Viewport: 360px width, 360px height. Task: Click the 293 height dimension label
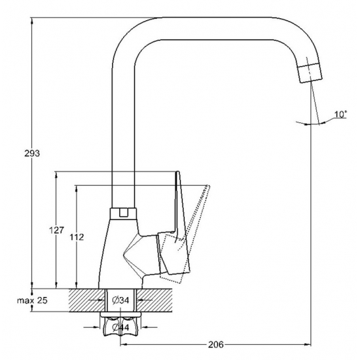(x=32, y=153)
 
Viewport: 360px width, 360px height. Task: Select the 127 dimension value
(x=56, y=230)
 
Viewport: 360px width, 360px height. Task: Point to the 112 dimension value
(x=77, y=237)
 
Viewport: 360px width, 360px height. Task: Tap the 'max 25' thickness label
(x=32, y=300)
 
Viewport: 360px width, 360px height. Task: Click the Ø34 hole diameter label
(x=121, y=300)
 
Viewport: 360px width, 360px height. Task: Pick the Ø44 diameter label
(x=120, y=327)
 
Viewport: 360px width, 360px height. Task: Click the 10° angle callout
(x=340, y=114)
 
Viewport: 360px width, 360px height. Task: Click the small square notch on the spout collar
(x=123, y=213)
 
